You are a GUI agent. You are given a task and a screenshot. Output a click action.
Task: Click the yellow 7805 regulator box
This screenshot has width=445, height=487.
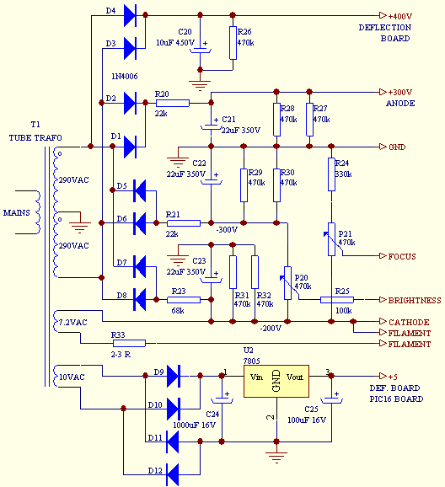coord(276,381)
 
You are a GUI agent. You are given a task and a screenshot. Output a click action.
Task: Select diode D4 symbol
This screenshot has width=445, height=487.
coord(130,15)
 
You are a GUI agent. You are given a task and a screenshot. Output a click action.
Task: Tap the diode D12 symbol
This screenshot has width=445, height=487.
coord(173,474)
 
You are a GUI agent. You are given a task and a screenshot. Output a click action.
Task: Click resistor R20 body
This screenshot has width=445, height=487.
coord(173,103)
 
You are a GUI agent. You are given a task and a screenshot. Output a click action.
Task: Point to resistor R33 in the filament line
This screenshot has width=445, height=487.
coord(129,343)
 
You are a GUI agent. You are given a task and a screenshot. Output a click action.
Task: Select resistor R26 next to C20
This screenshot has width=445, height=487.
coord(233,43)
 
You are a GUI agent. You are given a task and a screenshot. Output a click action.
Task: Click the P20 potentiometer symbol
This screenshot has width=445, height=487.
coord(287,283)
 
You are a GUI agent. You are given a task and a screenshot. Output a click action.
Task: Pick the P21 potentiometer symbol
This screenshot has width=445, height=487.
coord(331,239)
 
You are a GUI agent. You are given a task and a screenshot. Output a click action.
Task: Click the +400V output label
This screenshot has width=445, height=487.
coord(400,16)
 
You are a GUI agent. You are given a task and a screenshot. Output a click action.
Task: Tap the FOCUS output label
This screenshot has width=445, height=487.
coord(402,256)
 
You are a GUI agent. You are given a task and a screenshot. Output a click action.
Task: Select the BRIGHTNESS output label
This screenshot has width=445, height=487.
coord(415,300)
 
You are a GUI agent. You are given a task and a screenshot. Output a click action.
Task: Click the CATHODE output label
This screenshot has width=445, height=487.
coord(409,322)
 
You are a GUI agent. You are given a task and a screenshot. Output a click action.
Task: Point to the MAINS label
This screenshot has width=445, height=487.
coord(17,213)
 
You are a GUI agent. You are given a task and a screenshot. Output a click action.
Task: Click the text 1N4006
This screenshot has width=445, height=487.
coord(124,77)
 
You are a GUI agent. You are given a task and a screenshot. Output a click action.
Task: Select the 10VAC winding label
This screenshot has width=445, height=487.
coord(72,377)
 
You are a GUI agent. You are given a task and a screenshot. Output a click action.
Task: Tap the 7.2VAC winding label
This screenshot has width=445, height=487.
coord(72,323)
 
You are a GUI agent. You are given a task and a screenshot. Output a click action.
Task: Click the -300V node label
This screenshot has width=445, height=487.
coord(227,230)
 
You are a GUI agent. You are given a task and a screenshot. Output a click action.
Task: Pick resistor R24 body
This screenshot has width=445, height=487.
coord(331,174)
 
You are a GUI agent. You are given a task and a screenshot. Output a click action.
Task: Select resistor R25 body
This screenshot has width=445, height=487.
coord(337,300)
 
